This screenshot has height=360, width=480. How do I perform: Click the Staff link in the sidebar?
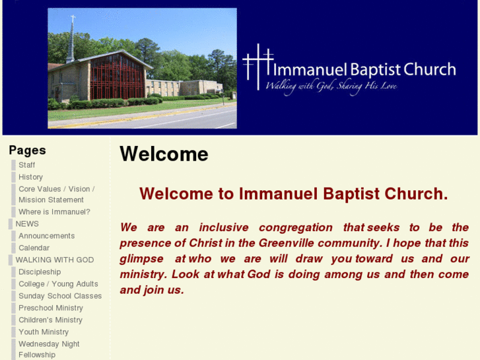coord(26,165)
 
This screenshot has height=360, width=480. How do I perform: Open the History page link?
coord(30,177)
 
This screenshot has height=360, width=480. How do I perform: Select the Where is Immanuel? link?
coord(54,212)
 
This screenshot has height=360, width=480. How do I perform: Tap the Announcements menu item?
coord(46,236)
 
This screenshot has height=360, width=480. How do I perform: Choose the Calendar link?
coord(34,248)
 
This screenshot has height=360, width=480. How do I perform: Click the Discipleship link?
coord(40,272)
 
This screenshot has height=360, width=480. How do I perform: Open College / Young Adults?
coord(58,284)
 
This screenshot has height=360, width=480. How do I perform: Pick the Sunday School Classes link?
coord(60,296)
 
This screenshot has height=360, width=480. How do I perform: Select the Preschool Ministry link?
coord(51,308)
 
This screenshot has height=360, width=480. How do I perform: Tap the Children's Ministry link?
coord(51,320)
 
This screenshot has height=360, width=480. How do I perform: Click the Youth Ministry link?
coord(44,332)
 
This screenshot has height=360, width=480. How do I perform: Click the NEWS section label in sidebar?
coord(27,224)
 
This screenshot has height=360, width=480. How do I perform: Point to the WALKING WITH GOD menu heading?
coord(55,260)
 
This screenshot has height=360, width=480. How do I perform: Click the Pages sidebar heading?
coord(27,151)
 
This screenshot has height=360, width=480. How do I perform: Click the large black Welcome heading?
coord(164,154)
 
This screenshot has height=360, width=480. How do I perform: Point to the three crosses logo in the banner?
coord(257,67)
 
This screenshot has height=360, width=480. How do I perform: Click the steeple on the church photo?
coord(70,40)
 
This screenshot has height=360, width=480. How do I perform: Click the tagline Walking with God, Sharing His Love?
coord(331,87)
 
